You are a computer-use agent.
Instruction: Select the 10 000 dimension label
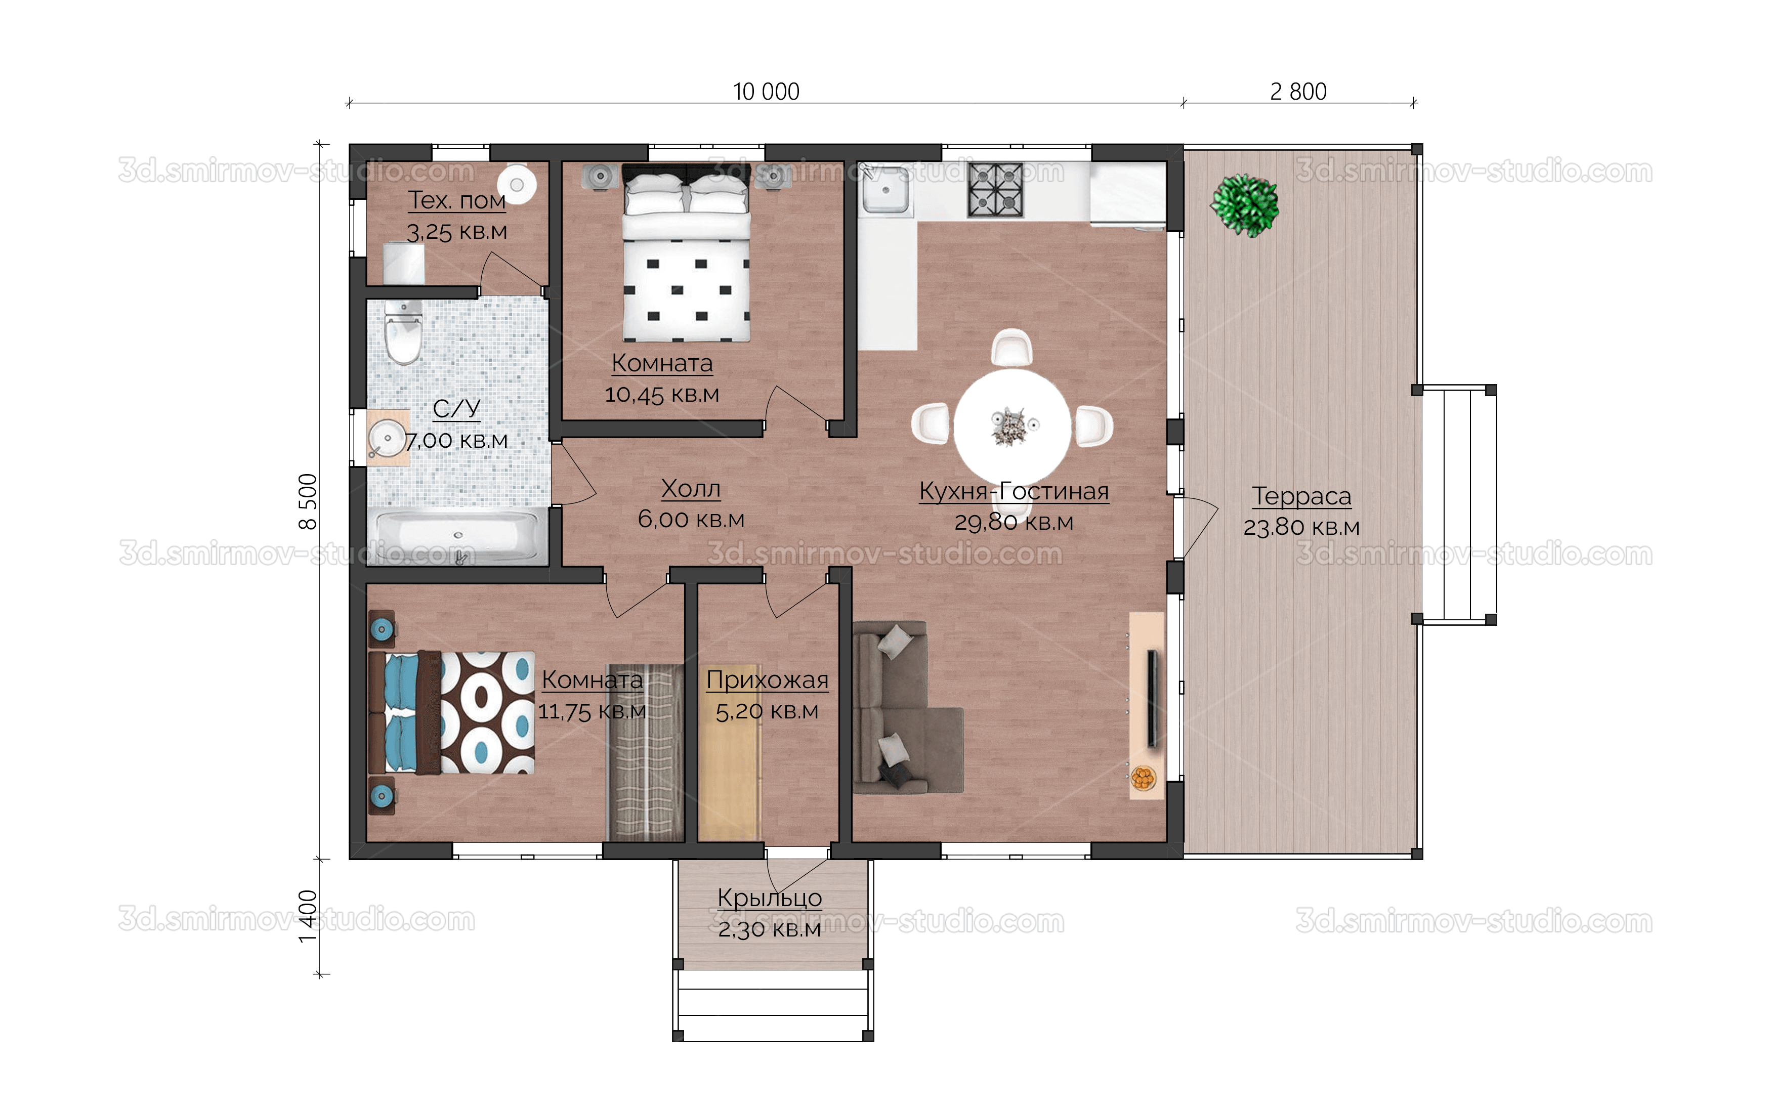coord(766,92)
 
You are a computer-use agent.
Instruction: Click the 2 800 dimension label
coord(1298,92)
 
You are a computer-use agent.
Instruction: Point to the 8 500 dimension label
coord(308,501)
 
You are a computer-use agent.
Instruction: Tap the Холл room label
coord(690,488)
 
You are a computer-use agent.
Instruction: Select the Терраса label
coord(1301,496)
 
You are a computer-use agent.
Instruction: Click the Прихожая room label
coord(767,680)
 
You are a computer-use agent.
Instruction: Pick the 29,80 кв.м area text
coord(1013,522)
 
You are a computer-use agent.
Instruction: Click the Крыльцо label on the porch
coord(770,898)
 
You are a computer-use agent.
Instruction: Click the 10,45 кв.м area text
coord(662,395)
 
